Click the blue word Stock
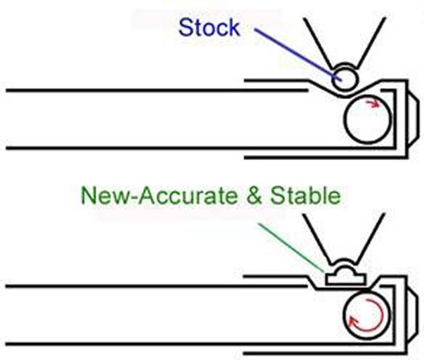pyautogui.click(x=209, y=27)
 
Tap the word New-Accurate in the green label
pyautogui.click(x=159, y=196)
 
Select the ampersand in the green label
pyautogui.click(x=254, y=196)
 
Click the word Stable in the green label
pyautogui.click(x=305, y=196)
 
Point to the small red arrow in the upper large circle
pyautogui.click(x=372, y=103)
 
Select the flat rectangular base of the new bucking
pyautogui.click(x=345, y=280)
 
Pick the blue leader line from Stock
pyautogui.click(x=298, y=54)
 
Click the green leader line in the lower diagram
pyautogui.click(x=291, y=248)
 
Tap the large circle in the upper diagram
pyautogui.click(x=344, y=119)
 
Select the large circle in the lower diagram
pyautogui.click(x=343, y=314)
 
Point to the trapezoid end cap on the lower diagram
pyautogui.click(x=416, y=314)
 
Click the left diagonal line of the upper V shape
pyautogui.click(x=318, y=43)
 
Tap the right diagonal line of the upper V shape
pyautogui.click(x=371, y=43)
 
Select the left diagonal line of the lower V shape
pyautogui.click(x=317, y=239)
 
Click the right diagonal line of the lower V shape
pyautogui.click(x=371, y=239)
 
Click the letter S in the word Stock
pyautogui.click(x=186, y=27)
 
